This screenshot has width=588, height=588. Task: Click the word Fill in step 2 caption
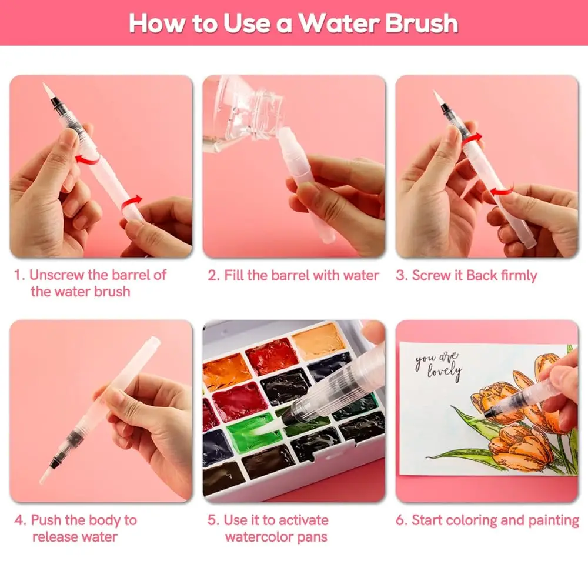[236, 275]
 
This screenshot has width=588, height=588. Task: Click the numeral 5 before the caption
[212, 520]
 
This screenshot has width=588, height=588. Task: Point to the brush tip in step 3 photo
[437, 96]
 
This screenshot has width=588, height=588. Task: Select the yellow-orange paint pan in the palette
[318, 342]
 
